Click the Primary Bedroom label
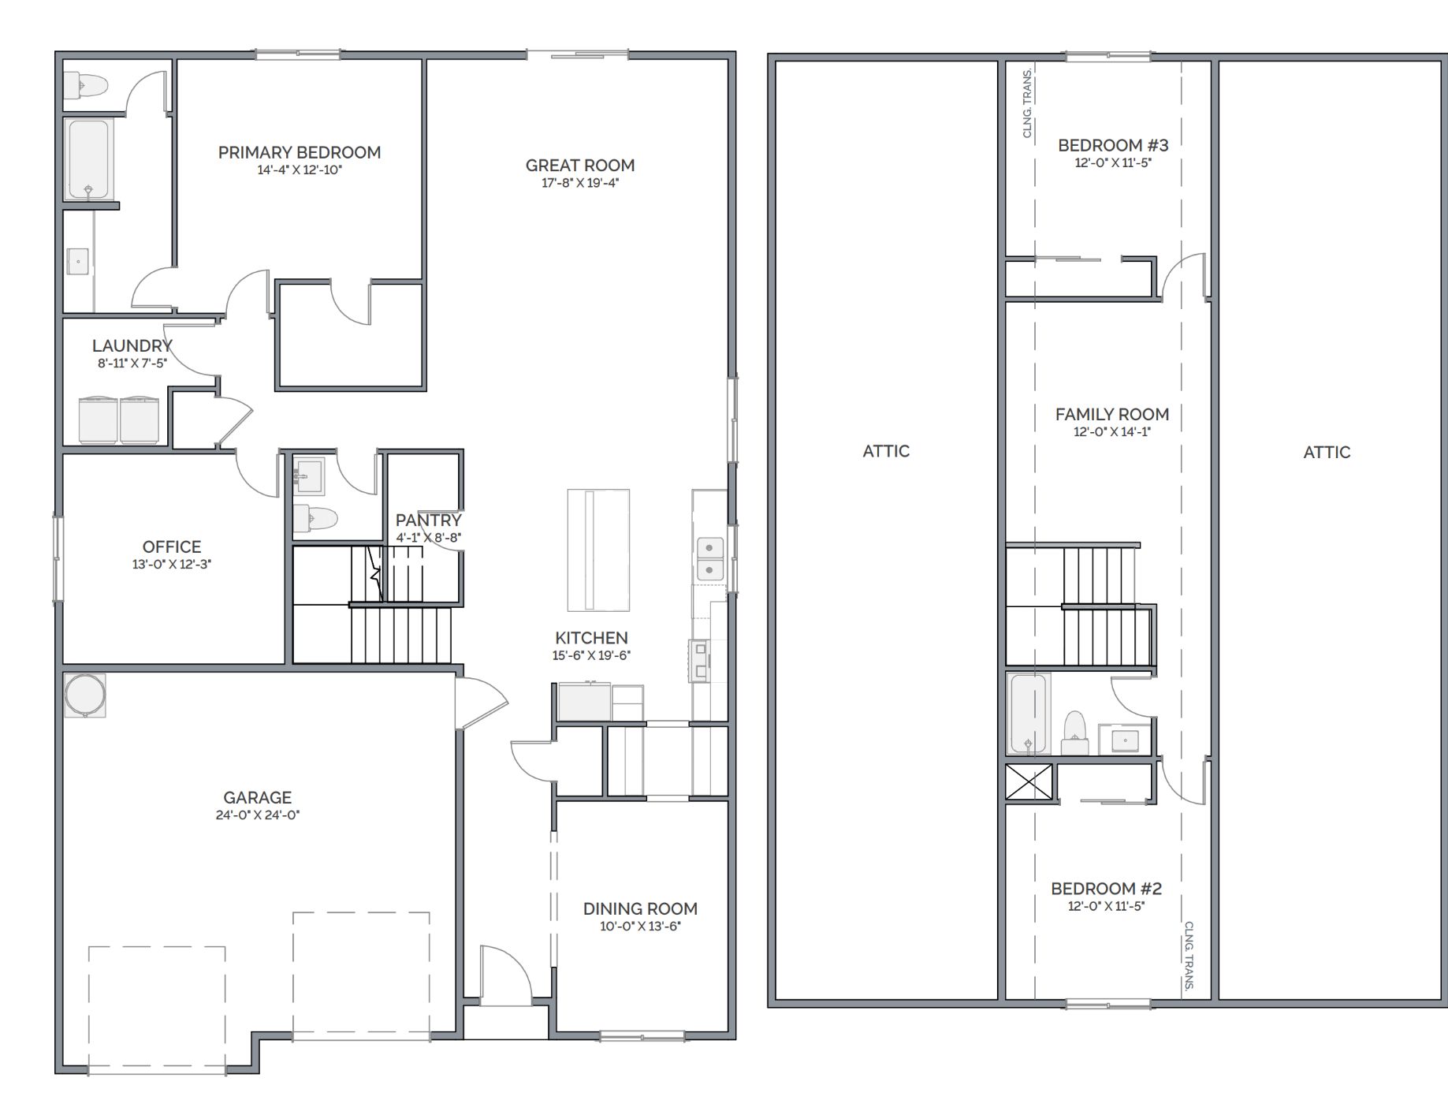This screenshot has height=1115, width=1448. click(300, 152)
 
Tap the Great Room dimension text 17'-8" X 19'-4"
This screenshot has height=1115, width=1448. click(580, 183)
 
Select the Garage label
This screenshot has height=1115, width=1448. click(258, 797)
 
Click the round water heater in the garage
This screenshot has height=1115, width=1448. click(85, 695)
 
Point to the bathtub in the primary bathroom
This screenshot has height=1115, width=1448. click(88, 159)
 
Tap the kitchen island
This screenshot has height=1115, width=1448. click(598, 550)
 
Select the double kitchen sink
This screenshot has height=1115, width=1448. click(710, 558)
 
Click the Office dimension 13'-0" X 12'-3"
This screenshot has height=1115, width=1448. click(172, 565)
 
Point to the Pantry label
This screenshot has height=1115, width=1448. click(429, 520)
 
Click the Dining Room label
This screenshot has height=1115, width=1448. click(640, 908)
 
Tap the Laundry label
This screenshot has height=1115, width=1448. click(132, 345)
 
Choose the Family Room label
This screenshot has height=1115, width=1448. click(1112, 414)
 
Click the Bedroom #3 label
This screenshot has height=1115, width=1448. click(1113, 145)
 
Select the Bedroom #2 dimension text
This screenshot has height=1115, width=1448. click(1106, 907)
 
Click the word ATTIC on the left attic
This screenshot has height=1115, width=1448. click(886, 451)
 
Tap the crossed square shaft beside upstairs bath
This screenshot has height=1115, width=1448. click(1029, 782)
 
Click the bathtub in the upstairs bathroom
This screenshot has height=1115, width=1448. click(1029, 714)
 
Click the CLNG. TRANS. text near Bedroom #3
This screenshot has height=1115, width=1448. click(1027, 103)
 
